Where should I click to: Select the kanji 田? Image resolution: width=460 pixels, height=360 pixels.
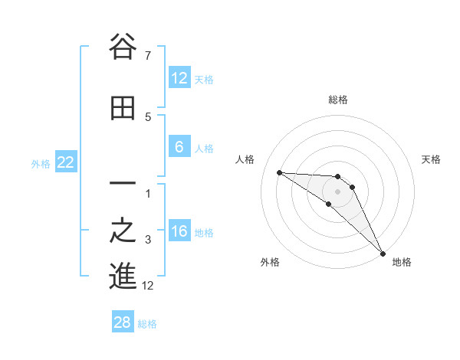[x=123, y=109]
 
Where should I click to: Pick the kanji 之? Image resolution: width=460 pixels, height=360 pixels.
[x=123, y=231]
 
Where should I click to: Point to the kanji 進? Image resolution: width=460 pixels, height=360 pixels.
[x=123, y=276]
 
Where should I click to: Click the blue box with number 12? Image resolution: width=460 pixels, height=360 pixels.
[x=179, y=78]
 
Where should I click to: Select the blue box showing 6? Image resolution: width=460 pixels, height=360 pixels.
[x=179, y=148]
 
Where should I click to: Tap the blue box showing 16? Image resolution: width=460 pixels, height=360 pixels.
[x=179, y=232]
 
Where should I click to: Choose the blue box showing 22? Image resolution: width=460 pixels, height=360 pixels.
[x=66, y=162]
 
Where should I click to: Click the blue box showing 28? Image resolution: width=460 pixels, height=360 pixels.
[x=123, y=322]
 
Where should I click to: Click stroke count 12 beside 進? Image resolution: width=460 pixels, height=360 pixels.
[x=148, y=286]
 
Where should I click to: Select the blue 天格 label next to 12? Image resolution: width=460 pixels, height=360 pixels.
[x=204, y=79]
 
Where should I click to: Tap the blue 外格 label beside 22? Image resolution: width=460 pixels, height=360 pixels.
[x=41, y=163]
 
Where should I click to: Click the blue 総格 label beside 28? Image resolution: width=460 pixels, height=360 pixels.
[x=147, y=323]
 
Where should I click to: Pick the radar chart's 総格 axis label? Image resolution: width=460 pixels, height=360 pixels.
[x=338, y=100]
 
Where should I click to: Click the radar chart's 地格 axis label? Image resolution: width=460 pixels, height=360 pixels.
[x=402, y=262]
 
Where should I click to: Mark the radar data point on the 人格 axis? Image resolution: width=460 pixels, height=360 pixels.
[x=279, y=172]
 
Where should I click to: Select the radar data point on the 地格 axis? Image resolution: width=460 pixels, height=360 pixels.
[x=383, y=253]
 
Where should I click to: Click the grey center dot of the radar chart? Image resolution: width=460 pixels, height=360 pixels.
[x=338, y=191]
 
